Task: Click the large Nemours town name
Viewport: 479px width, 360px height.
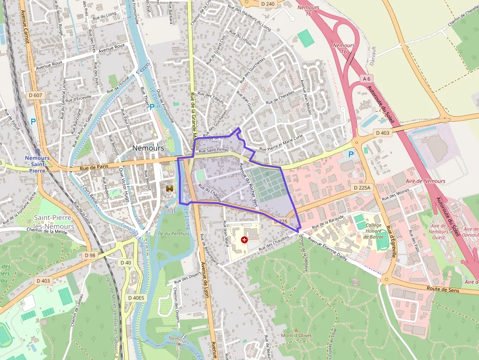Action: [148, 148]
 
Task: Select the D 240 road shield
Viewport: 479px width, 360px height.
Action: [268, 4]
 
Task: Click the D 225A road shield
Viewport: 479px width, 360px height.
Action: [362, 187]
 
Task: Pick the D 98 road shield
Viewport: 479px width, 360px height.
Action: [89, 255]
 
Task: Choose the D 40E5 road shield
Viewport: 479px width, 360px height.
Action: [136, 297]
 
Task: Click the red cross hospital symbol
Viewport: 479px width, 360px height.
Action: [244, 240]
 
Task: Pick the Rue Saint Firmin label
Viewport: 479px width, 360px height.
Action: [214, 150]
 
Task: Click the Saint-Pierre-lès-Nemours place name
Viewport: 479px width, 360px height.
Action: [54, 222]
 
